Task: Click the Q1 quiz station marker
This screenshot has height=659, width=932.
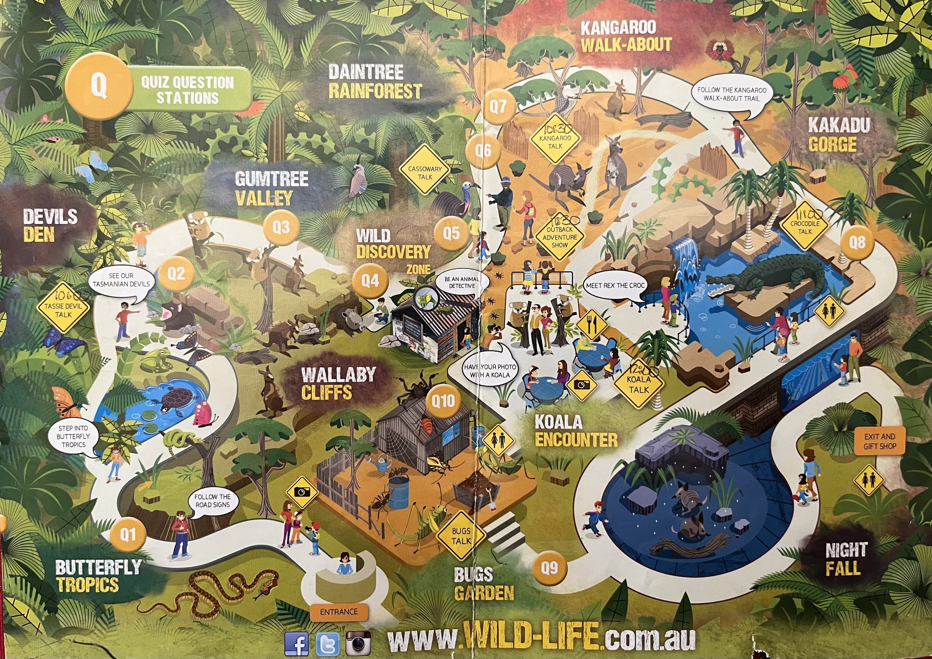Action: pos(128,535)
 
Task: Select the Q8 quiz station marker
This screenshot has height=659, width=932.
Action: pos(857,243)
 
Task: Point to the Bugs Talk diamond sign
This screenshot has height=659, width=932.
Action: pos(461,536)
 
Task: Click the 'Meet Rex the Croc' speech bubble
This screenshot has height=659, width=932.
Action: pos(615,286)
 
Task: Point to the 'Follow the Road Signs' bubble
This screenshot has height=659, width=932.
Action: pos(213,501)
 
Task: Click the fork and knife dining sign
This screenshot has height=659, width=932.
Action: pos(591,324)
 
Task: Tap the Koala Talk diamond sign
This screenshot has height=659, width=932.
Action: pos(639,384)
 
